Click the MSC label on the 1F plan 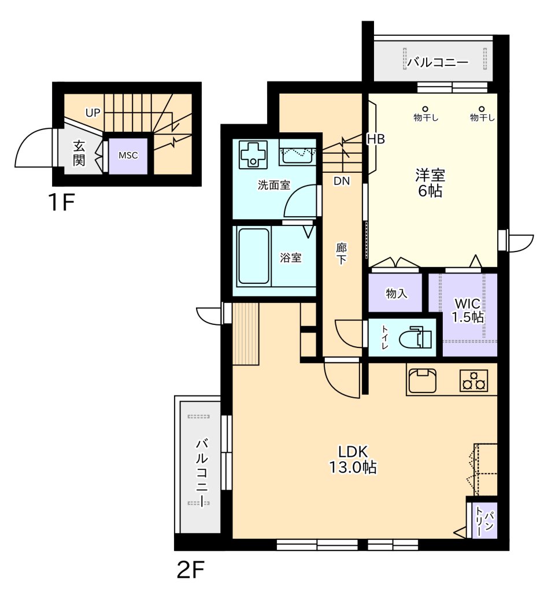128,155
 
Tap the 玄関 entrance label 79,153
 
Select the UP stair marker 93,113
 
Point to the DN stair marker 342,181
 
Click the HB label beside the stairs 376,139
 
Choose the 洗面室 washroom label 274,185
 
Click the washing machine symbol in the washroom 253,154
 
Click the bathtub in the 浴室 254,256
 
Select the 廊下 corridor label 341,254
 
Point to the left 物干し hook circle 425,109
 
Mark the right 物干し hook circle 482,109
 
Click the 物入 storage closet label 397,293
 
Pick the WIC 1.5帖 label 468,310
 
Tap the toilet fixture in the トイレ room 415,337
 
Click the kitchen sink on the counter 423,380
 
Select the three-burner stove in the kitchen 474,380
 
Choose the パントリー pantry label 484,521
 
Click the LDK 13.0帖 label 353,459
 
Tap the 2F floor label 191,569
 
